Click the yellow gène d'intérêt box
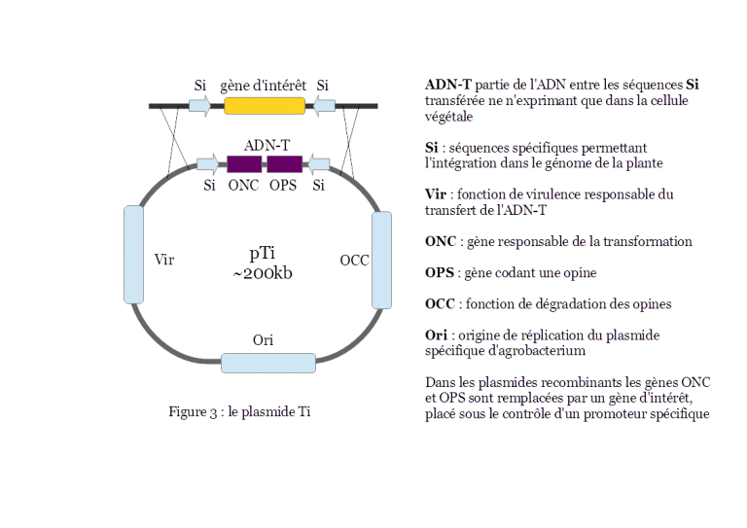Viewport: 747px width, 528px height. coord(265,105)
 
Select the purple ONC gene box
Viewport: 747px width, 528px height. coord(243,163)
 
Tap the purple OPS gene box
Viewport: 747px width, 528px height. coord(284,163)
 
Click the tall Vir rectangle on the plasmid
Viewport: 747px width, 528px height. coord(133,254)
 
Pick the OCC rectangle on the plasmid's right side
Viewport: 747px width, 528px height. coord(381,260)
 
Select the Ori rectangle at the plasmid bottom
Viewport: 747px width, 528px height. coord(267,363)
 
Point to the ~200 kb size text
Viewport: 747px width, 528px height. coord(262,274)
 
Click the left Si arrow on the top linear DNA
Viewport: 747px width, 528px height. coord(200,105)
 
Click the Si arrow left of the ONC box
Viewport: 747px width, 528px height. coord(207,163)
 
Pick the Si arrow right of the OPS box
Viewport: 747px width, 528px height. coord(319,163)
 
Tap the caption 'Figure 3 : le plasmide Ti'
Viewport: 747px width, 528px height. coord(240,412)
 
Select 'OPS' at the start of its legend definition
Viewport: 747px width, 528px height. coord(437,273)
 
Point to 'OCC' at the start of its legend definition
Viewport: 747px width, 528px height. coord(437,304)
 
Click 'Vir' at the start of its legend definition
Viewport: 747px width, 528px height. coord(434,195)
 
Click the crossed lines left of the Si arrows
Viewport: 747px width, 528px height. coord(176,136)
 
